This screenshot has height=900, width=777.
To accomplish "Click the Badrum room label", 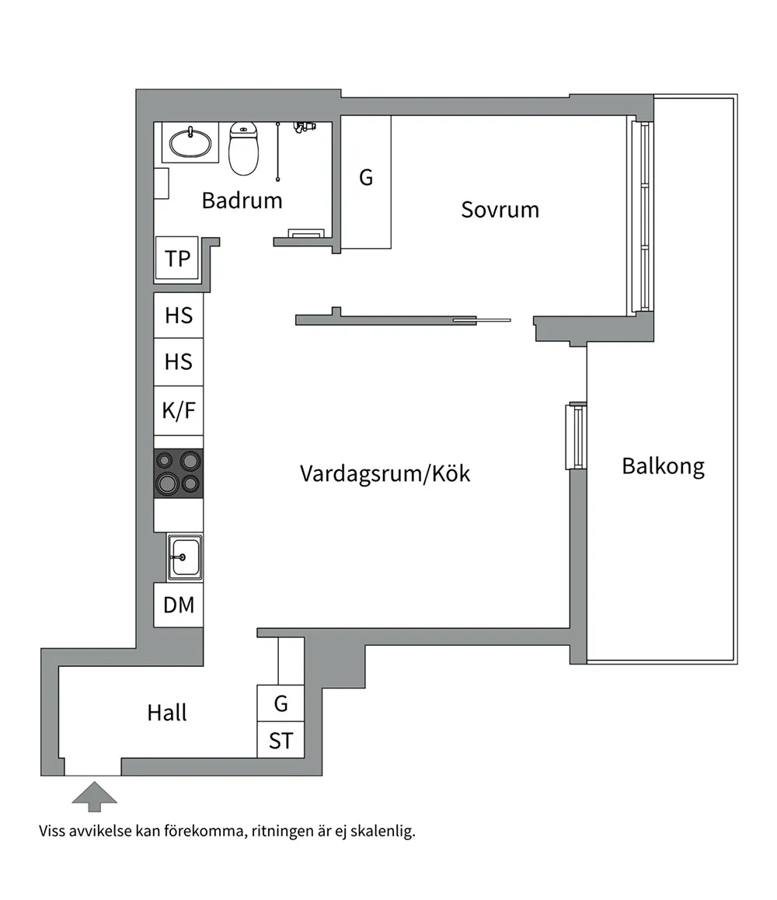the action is coord(242,201).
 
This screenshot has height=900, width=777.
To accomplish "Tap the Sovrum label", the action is coord(500,210).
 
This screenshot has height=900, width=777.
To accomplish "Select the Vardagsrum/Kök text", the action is coord(385,474).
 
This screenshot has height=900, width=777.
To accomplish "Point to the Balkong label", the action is coord(663,466).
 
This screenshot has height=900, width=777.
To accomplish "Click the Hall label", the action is coord(167,713).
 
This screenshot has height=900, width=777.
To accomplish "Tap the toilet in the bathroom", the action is coord(244,148).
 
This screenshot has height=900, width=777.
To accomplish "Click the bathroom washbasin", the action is coord(190,142).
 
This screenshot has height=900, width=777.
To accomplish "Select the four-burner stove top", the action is coord(179,473).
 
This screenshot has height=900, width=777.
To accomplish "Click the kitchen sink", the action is coord(184,557).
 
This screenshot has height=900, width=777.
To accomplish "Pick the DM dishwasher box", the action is coord(179,605).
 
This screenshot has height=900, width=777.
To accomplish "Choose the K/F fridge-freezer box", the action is coord(179,410).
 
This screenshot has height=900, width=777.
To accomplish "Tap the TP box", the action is coord(177,258).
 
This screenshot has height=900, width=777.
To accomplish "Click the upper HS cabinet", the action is coord(179,315).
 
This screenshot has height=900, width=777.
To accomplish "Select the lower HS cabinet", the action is coord(179,362).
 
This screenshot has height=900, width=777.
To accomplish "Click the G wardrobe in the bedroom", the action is coord(366,182).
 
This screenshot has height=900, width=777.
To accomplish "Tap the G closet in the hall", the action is coord(280,703).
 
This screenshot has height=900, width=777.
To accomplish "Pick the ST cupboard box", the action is coord(280,740).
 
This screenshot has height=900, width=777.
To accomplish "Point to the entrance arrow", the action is coord(95,797).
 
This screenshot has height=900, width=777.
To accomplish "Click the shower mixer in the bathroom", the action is coord(304,126).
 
